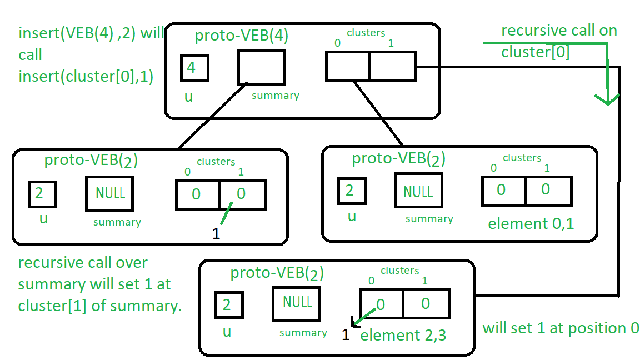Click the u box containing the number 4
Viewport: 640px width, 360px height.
[x=194, y=69]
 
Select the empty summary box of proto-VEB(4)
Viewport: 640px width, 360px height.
[x=261, y=67]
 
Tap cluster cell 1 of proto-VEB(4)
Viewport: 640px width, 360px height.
[x=392, y=66]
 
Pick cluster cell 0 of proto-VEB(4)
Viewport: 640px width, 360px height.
[x=347, y=66]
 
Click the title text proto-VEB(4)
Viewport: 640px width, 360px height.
[x=241, y=36]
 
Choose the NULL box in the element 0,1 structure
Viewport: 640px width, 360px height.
[x=418, y=192]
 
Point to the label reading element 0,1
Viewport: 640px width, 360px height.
[x=531, y=224]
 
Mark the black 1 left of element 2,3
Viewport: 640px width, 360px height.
[x=346, y=336]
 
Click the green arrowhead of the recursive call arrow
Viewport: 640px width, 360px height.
[x=608, y=99]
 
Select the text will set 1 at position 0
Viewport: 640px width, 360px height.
[x=560, y=328]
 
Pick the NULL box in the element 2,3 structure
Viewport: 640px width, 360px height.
[x=297, y=303]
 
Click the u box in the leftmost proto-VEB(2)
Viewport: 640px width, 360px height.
[x=42, y=194]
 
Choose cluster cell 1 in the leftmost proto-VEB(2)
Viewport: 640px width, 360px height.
[x=242, y=194]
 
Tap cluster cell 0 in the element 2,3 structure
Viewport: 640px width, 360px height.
[x=381, y=304]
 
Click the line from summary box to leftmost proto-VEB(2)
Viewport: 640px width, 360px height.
[x=213, y=116]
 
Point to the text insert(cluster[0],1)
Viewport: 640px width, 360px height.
[x=86, y=76]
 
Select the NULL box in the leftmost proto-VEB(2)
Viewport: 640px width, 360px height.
[x=109, y=194]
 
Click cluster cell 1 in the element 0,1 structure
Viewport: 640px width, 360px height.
[x=547, y=191]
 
